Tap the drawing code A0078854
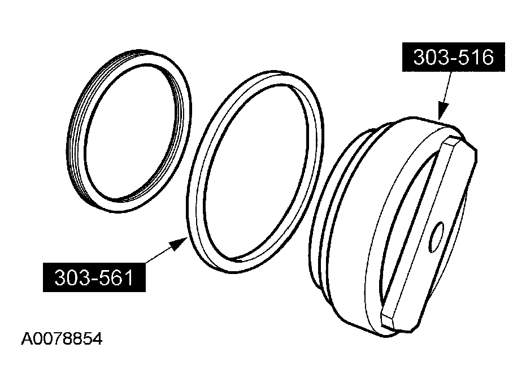coord(62,339)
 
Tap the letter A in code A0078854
coord(25,339)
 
